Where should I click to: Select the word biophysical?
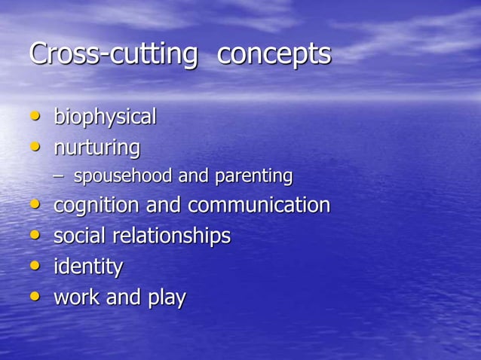[105, 117]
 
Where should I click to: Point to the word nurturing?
[97, 148]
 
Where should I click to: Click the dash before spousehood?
[59, 176]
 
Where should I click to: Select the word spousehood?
[123, 177]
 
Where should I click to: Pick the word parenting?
[253, 177]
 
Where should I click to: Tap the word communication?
[259, 206]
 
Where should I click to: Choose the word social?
[80, 236]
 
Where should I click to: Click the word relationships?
[171, 236]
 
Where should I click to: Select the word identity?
[87, 267]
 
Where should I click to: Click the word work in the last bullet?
[76, 297]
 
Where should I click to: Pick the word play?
[167, 298]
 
